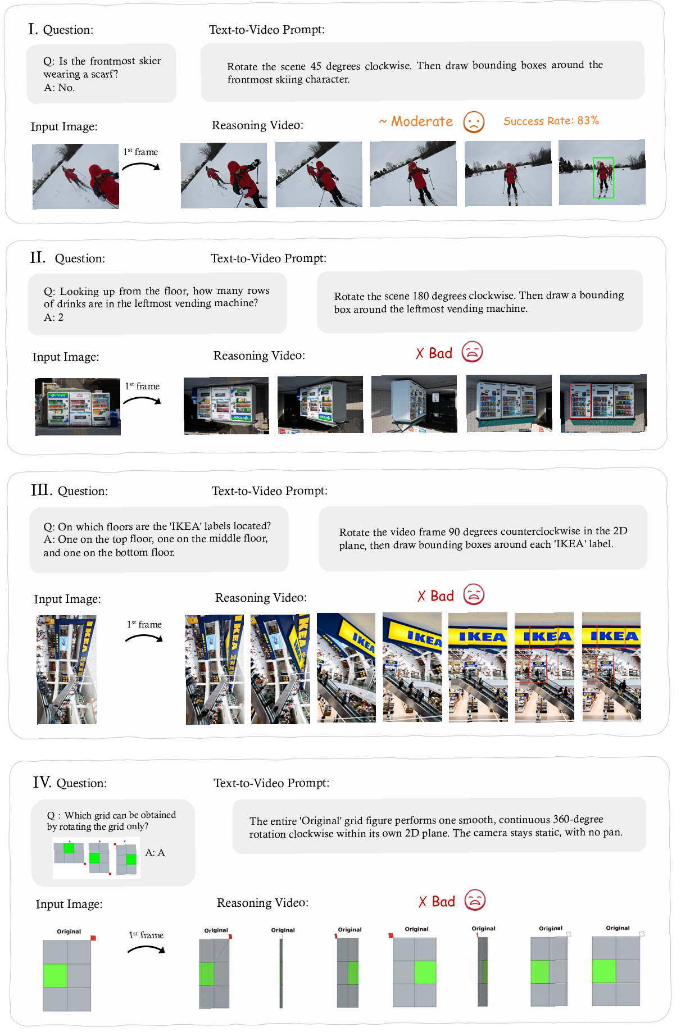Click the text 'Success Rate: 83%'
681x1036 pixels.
tap(551, 121)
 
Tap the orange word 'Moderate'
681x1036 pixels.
tap(422, 121)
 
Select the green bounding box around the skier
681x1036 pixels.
tap(603, 178)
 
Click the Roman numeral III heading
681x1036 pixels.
tap(42, 490)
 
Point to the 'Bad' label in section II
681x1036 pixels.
tap(441, 353)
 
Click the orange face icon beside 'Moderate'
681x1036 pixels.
tap(474, 121)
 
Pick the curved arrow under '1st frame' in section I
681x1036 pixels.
tap(141, 166)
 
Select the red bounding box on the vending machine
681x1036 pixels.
tap(580, 401)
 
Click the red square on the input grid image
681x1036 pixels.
tap(93, 938)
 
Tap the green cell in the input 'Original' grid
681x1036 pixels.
tap(55, 975)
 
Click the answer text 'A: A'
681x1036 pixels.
tap(155, 852)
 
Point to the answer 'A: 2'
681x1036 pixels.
tap(54, 317)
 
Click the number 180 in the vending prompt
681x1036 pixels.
tap(421, 296)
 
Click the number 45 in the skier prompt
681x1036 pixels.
tap(316, 66)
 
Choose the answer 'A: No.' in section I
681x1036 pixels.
tap(60, 88)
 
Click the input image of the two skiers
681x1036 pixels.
tap(76, 176)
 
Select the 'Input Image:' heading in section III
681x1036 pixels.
tap(67, 599)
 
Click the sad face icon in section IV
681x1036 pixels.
tap(475, 900)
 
